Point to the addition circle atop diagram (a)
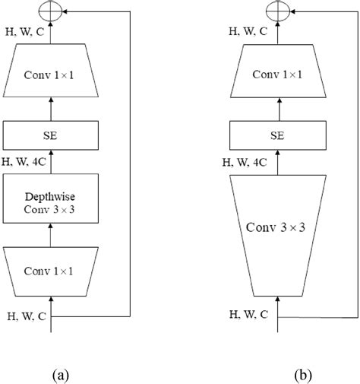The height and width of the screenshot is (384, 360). (x=52, y=11)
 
